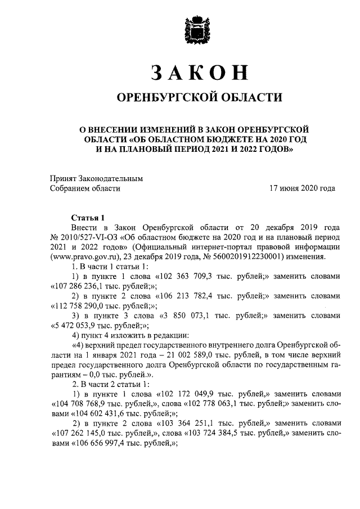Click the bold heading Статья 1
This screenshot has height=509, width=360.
tap(88, 218)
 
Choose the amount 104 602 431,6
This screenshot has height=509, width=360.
tap(94, 413)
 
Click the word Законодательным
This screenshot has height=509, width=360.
tap(112, 178)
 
